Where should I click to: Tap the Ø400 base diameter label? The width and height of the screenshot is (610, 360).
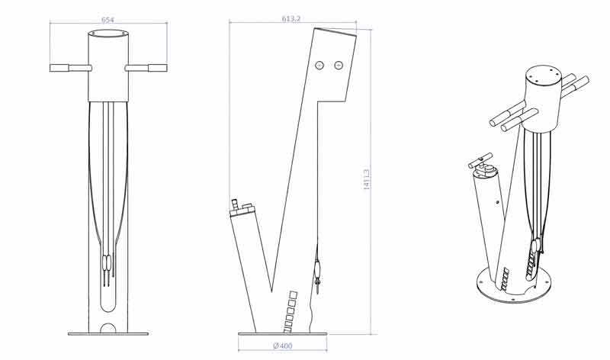282,346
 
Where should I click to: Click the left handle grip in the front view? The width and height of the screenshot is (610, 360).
59,68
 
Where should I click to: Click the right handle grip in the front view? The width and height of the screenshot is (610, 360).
156,68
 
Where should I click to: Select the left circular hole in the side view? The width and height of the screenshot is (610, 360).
321,66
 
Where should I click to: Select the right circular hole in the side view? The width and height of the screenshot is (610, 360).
339,66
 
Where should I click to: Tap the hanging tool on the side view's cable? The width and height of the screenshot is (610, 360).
318,270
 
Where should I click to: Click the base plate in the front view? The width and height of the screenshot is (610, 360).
108,333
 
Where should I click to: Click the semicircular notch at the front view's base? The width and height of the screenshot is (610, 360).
108,328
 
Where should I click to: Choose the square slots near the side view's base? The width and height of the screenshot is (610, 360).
291,310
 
